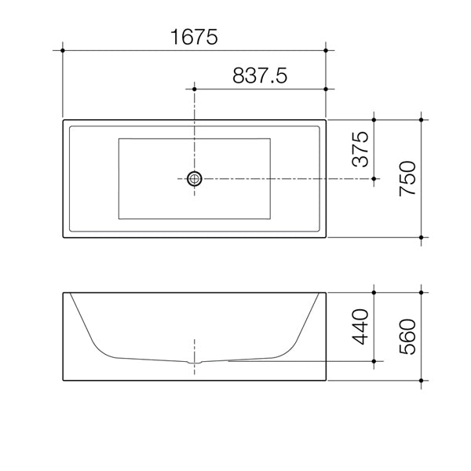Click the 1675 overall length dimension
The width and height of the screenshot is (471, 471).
tap(193, 35)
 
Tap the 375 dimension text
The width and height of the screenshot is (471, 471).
tap(360, 149)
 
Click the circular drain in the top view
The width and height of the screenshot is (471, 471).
tap(194, 179)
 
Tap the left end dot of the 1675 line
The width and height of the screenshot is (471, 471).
tap(62, 50)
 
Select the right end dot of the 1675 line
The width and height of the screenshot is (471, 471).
tap(326, 50)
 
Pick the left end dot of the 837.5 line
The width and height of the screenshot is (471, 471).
tap(194, 89)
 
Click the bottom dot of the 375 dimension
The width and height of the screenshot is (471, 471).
tap(374, 179)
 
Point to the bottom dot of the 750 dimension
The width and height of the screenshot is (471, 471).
tap(423, 237)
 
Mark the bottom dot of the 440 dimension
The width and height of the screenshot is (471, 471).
tap(374, 361)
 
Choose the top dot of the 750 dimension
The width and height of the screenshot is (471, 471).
tap(423, 119)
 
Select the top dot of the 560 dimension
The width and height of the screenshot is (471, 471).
tap(423, 293)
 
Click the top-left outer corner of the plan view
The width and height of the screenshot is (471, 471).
tap(63, 120)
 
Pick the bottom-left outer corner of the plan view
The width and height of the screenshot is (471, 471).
tap(63, 236)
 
